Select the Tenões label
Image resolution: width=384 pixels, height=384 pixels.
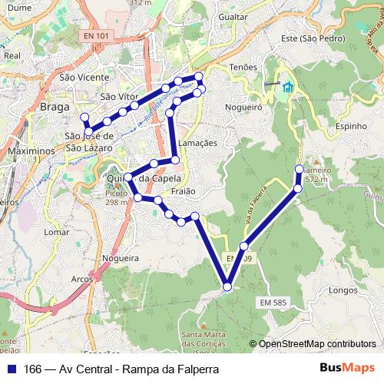tap(243, 67)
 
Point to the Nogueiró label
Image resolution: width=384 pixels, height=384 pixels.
tap(244, 108)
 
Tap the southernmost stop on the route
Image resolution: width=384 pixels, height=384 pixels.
tap(227, 287)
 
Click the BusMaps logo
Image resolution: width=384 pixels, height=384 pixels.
tap(346, 369)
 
